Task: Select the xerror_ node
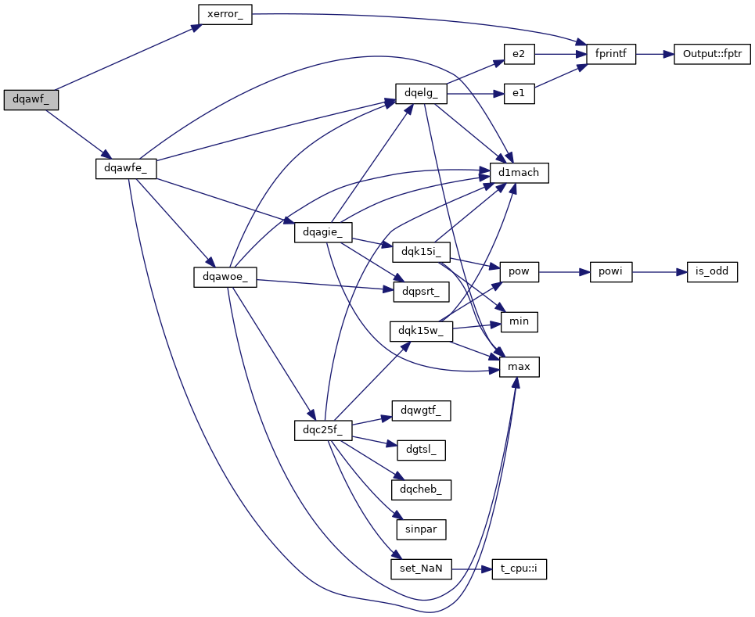pos(225,15)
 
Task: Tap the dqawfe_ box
pos(126,168)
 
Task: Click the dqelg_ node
pos(421,93)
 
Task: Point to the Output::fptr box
pos(712,54)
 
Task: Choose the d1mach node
pos(519,173)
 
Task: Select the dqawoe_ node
pos(225,277)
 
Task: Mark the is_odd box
pos(712,272)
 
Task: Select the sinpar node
pos(421,529)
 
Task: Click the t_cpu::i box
pos(519,569)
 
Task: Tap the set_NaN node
pos(421,569)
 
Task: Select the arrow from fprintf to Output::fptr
pos(655,54)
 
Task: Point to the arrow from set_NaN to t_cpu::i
pos(472,569)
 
